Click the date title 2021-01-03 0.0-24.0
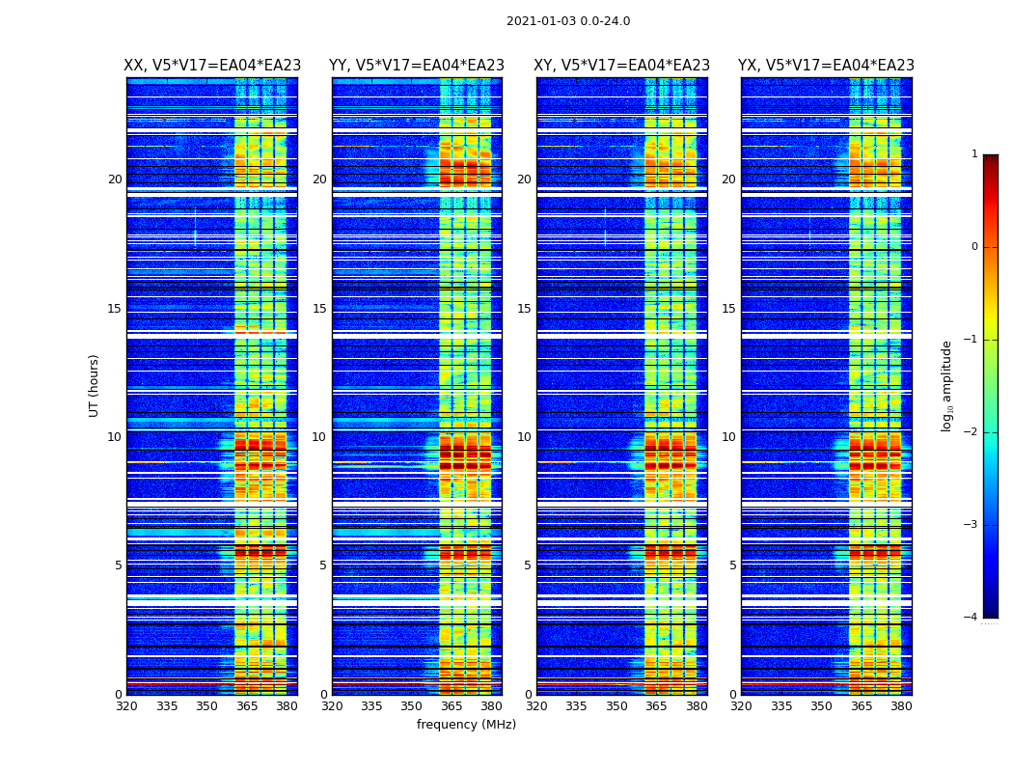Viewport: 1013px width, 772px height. tap(568, 21)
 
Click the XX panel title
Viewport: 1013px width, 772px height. tap(212, 66)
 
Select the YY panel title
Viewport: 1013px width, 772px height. tap(417, 66)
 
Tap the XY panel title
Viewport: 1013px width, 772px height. tap(622, 66)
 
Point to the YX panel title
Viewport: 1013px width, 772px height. tap(827, 66)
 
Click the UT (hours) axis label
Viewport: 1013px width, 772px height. tap(95, 385)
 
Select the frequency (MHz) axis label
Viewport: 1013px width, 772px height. tap(466, 725)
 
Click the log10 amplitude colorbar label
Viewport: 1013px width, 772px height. tap(947, 385)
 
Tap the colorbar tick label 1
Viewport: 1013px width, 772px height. tap(973, 154)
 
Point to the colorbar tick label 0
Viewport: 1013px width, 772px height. tap(973, 247)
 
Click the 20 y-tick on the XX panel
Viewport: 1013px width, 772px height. tap(115, 179)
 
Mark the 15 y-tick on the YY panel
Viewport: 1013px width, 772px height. tap(319, 309)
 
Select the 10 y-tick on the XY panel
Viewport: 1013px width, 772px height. tap(524, 437)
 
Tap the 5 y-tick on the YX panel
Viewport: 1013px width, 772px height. tap(732, 565)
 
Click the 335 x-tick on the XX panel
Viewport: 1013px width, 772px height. tap(167, 706)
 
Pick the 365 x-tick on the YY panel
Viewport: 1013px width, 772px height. tap(452, 706)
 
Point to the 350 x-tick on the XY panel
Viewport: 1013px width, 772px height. tap(616, 706)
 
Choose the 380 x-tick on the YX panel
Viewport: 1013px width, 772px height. tap(901, 706)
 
